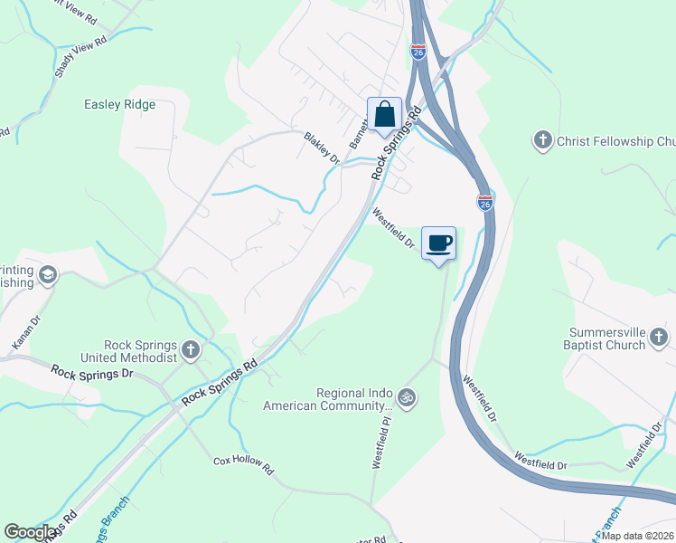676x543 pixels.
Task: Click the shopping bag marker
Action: click(x=384, y=115)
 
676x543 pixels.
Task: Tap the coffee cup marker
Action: click(x=439, y=243)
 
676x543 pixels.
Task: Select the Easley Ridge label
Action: click(x=119, y=105)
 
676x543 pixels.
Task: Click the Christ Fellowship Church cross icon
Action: click(x=542, y=140)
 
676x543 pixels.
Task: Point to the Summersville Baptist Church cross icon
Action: click(x=659, y=338)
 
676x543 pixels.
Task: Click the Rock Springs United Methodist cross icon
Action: click(x=190, y=349)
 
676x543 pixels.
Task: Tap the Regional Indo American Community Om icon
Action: click(x=407, y=397)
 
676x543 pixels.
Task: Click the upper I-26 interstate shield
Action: click(x=418, y=52)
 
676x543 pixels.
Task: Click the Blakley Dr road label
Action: click(x=321, y=149)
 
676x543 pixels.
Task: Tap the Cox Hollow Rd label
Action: click(x=243, y=463)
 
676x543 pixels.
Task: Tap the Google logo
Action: click(x=30, y=532)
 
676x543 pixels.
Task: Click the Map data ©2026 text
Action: click(x=638, y=536)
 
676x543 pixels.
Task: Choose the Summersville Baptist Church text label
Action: click(x=607, y=338)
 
